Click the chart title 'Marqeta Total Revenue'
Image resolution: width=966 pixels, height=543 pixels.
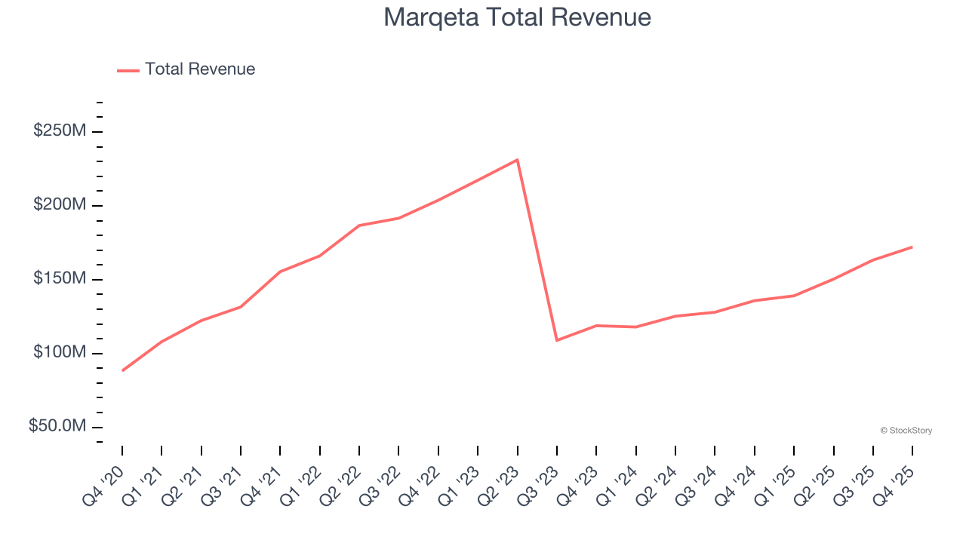[x=517, y=17]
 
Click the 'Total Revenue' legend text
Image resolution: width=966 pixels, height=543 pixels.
[x=200, y=69]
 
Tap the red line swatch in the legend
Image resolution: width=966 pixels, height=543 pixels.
[x=128, y=70]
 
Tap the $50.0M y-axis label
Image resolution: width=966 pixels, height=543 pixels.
[x=57, y=427]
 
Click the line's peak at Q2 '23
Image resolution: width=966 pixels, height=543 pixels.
[x=517, y=160]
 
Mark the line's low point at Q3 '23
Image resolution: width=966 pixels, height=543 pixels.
[x=557, y=340]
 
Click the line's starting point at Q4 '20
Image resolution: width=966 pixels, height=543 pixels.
[x=122, y=370]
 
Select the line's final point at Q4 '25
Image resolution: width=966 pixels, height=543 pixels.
[x=912, y=247]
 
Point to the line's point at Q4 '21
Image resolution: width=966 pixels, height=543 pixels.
[x=280, y=271]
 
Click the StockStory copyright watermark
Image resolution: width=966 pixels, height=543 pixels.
[x=906, y=431]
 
